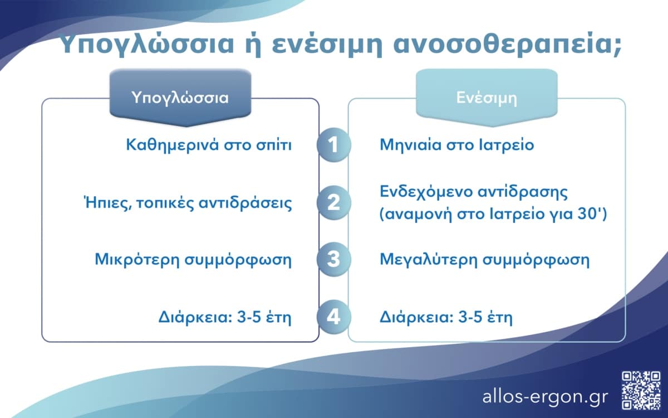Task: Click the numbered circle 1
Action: coord(333,145)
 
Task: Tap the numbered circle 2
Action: coord(333,202)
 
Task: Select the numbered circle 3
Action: coord(333,260)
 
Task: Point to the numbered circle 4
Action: coord(333,318)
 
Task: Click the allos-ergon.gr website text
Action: coord(546,396)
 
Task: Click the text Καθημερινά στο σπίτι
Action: coord(210,145)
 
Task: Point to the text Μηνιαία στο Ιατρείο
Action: coord(457,145)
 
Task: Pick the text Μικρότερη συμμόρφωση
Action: coord(193,260)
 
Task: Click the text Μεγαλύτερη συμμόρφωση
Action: coord(484,260)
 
